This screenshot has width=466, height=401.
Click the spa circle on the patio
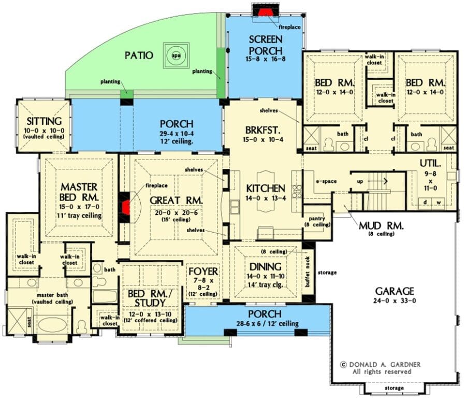(176, 55)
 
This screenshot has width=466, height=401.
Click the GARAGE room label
(395, 291)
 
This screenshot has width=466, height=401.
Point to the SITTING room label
(44, 121)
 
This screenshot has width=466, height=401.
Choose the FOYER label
(203, 271)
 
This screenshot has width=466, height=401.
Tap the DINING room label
(265, 266)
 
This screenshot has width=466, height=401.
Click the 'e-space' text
(326, 181)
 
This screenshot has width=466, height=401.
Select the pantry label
(317, 219)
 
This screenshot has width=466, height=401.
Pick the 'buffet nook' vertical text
(308, 271)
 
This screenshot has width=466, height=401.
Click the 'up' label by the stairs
(360, 181)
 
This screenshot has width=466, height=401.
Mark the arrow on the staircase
(377, 181)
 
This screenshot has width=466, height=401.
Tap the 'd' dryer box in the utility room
(425, 202)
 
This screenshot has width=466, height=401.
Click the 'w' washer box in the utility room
(439, 202)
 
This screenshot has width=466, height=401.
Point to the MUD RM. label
(381, 226)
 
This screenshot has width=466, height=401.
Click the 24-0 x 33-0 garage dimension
(395, 300)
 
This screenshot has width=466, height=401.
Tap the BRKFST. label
(263, 130)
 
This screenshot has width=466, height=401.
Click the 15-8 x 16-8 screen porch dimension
(266, 59)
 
